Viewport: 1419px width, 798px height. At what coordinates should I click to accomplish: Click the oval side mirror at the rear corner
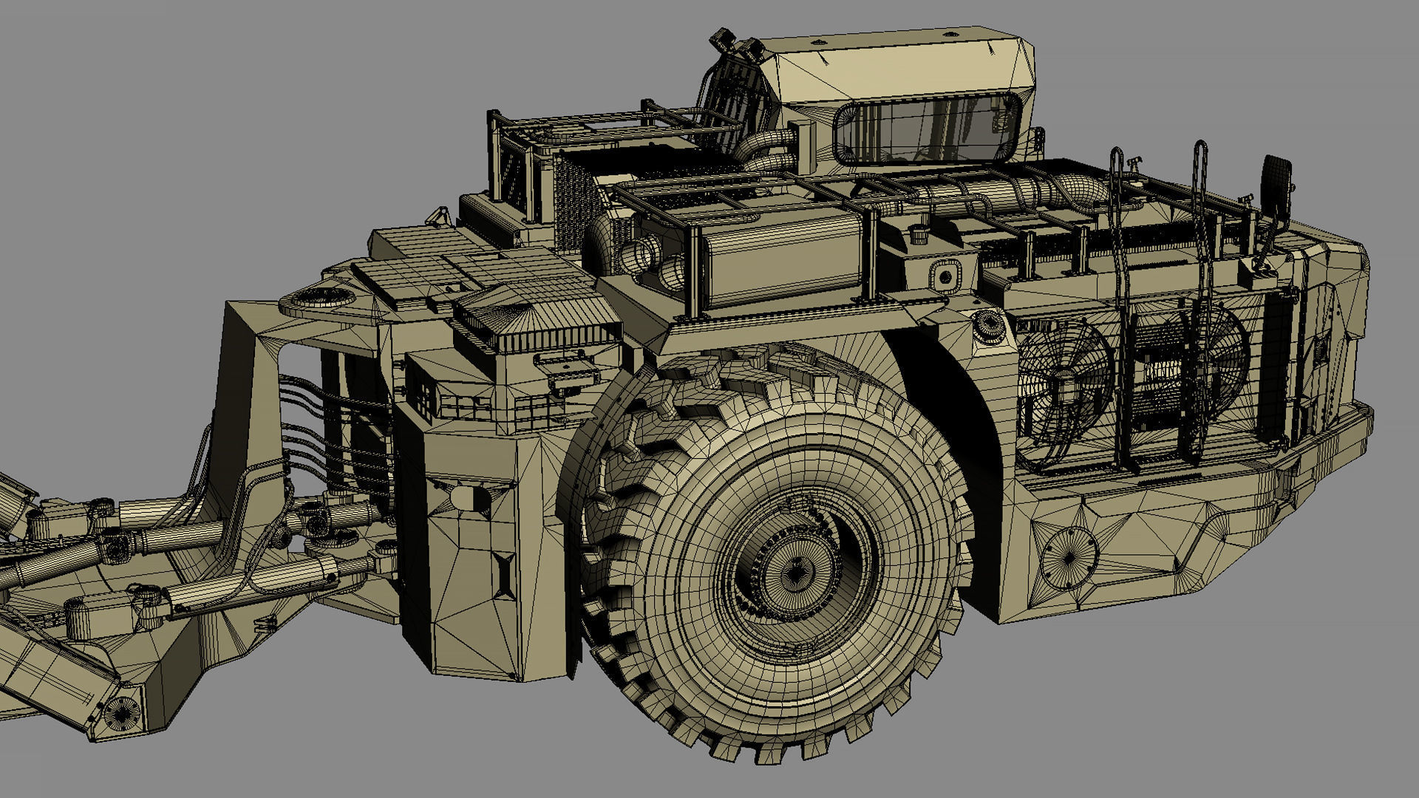(1276, 180)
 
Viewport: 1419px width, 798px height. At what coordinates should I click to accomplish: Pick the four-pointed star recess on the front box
(504, 575)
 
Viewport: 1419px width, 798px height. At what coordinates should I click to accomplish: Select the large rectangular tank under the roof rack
(783, 255)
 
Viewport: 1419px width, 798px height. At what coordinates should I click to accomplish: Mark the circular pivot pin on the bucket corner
(120, 713)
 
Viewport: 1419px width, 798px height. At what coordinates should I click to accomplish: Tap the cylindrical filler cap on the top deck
(919, 234)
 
